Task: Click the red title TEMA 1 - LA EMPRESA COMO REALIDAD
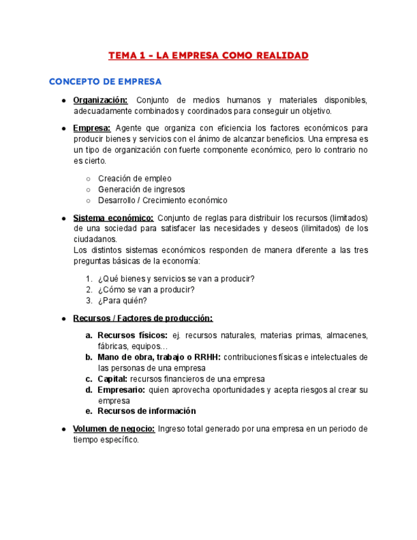click(208, 56)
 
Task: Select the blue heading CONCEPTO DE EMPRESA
click(105, 82)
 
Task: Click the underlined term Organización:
click(101, 100)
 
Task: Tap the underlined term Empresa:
click(92, 128)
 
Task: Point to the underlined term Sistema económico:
click(113, 218)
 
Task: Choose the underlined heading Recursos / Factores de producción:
click(143, 318)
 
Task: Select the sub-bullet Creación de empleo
click(134, 178)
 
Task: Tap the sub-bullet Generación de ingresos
click(141, 189)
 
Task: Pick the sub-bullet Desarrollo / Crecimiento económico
click(162, 200)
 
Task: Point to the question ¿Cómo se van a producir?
click(146, 290)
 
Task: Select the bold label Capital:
click(113, 379)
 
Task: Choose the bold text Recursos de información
click(146, 411)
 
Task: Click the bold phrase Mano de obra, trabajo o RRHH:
click(159, 357)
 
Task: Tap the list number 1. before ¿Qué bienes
click(89, 279)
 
